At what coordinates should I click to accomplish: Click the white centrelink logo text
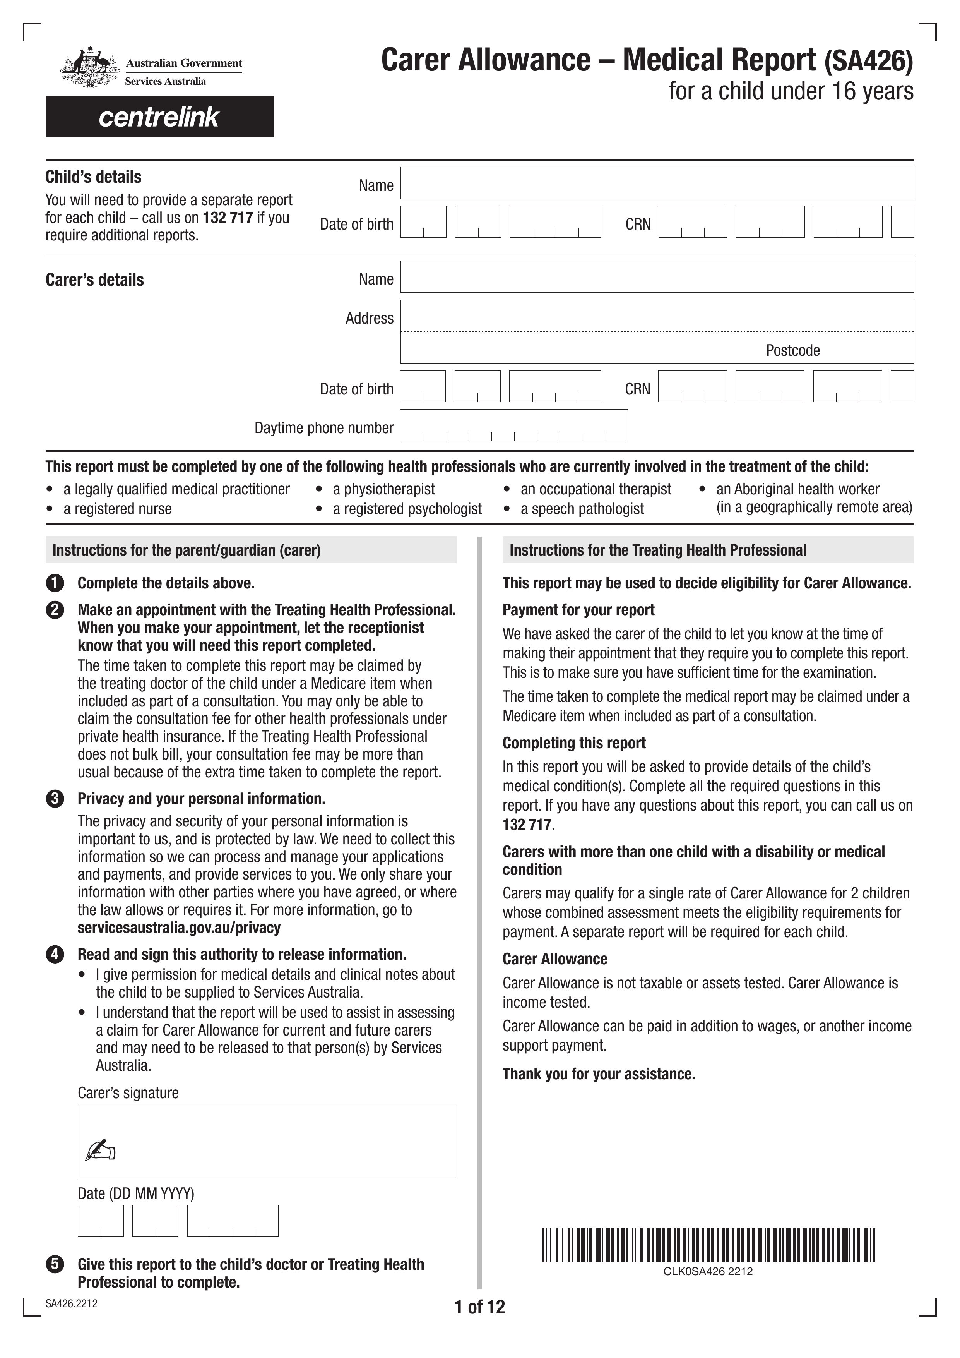click(159, 117)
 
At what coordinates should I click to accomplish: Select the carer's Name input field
click(656, 277)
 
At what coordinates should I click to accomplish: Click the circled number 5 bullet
click(55, 1265)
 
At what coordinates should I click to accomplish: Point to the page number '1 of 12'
click(479, 1307)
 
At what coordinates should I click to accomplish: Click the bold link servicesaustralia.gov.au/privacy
click(178, 928)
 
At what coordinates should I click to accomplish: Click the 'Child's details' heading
click(93, 177)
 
